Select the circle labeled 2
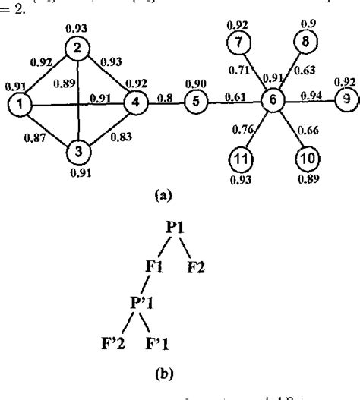[77, 48]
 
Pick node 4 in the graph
[134, 100]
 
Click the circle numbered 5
[195, 100]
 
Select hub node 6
[270, 100]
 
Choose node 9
[344, 99]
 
